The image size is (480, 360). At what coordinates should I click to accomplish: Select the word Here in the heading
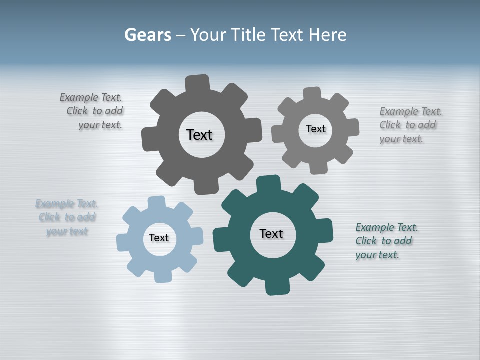pyautogui.click(x=327, y=35)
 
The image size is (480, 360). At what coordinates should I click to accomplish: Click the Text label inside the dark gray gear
pyautogui.click(x=199, y=135)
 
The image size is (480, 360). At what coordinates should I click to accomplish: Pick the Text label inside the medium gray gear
pyautogui.click(x=315, y=129)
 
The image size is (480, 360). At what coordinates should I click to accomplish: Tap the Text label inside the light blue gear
pyautogui.click(x=159, y=238)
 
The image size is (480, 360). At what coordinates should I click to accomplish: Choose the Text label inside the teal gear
pyautogui.click(x=271, y=233)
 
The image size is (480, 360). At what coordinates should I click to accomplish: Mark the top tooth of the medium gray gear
pyautogui.click(x=312, y=94)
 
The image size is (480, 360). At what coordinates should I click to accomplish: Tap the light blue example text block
pyautogui.click(x=67, y=217)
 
